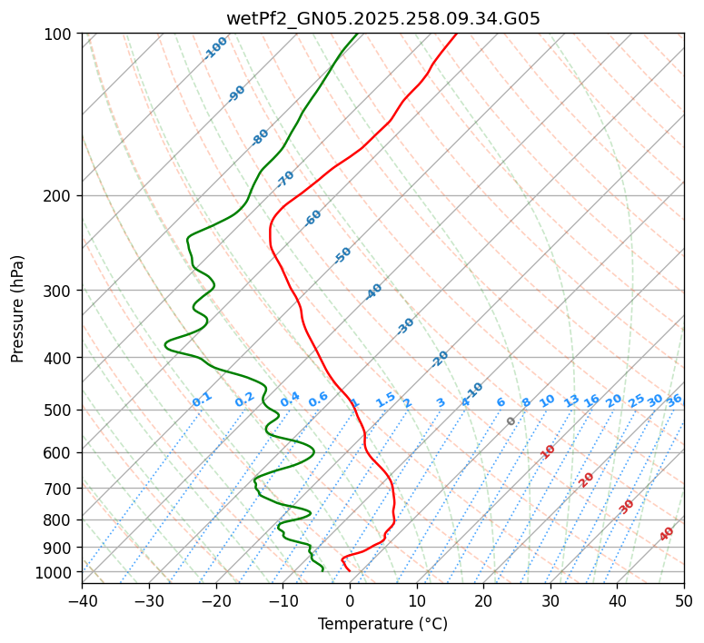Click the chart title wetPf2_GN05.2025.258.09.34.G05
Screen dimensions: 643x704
382,18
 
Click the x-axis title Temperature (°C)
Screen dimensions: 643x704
382,624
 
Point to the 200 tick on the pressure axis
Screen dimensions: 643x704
58,196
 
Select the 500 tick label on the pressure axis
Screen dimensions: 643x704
58,411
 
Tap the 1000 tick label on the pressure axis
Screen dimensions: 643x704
55,572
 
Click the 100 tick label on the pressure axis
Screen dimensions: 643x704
58,35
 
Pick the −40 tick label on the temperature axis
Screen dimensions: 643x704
82,600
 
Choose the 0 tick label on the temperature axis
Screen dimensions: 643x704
350,600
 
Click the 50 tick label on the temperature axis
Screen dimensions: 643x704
684,600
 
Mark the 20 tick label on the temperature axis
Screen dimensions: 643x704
483,600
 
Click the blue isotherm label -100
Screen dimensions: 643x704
216,47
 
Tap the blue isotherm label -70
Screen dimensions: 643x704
285,178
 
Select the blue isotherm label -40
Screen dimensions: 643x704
373,292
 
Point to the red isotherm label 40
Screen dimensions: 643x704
667,534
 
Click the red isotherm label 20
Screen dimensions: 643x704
587,479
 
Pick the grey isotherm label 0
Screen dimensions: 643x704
511,421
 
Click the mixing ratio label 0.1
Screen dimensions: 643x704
202,399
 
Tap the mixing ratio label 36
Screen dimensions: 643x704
674,400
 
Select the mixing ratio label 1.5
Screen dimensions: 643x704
385,399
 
